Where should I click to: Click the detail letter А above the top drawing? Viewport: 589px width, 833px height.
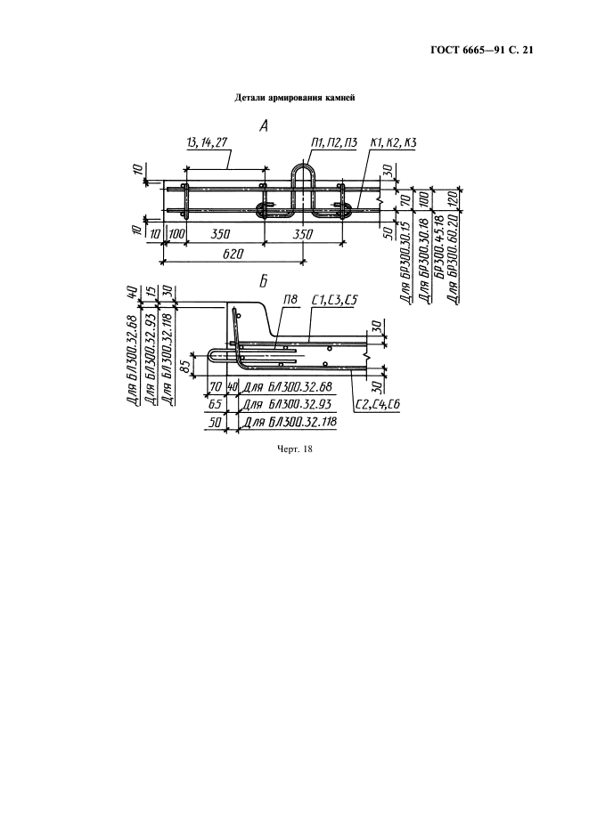[x=264, y=125]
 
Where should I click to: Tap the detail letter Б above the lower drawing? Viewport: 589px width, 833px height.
[x=264, y=282]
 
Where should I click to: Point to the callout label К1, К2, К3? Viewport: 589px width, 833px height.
[x=393, y=143]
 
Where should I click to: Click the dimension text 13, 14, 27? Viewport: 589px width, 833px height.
[x=208, y=143]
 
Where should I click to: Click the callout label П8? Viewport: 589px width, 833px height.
[x=290, y=301]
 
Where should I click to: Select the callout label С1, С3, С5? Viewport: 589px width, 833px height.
[x=334, y=301]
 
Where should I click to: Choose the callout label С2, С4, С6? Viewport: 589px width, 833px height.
[x=378, y=405]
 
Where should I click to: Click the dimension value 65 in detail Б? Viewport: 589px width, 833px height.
[x=216, y=405]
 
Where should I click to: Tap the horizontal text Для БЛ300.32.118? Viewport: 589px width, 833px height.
[x=290, y=423]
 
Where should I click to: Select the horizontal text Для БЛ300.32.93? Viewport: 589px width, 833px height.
[x=286, y=405]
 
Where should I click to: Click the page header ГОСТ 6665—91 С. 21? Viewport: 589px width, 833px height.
[x=481, y=51]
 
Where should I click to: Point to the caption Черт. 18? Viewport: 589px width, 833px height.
[x=294, y=449]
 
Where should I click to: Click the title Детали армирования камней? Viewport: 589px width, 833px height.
[x=294, y=98]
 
